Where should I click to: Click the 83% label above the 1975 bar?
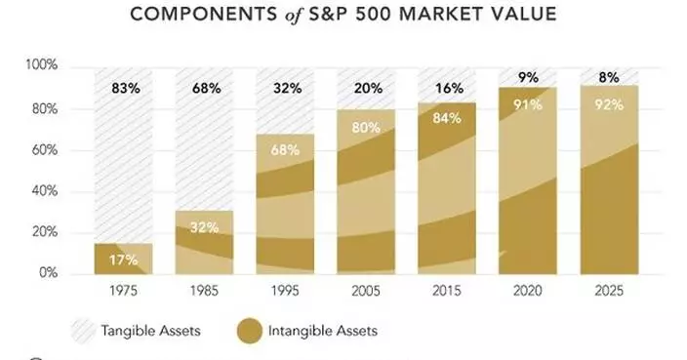click(x=126, y=88)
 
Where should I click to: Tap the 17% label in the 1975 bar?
click(x=124, y=260)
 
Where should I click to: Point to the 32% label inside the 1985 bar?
click(x=204, y=228)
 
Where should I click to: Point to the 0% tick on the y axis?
click(x=50, y=273)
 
